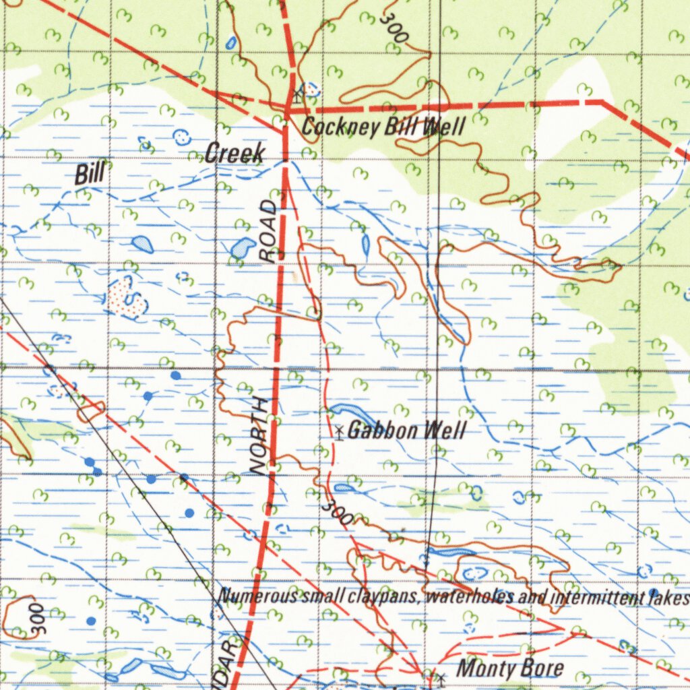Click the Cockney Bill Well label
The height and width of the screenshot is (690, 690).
(383, 126)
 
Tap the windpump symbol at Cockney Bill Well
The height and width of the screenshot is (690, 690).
(297, 93)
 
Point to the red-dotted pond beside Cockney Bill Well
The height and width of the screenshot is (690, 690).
(311, 88)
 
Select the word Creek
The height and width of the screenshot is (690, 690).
(234, 154)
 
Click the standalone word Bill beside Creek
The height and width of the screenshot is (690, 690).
(90, 175)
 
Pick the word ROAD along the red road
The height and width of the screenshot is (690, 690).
(270, 230)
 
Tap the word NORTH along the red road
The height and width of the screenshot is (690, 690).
(260, 437)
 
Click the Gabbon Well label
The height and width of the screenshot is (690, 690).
(406, 431)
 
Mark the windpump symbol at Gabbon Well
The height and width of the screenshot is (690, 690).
(338, 432)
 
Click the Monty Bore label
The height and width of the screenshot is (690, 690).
(510, 668)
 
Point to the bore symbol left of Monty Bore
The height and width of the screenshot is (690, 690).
(441, 675)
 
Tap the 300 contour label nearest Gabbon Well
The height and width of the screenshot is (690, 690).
(336, 513)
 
